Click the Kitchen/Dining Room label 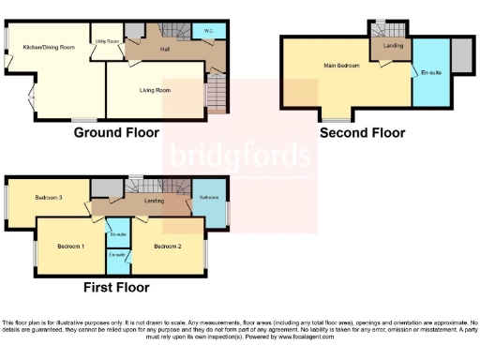[x=48, y=45]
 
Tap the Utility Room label [x=106, y=42]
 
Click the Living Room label [x=155, y=90]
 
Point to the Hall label [x=165, y=48]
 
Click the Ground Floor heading [x=116, y=133]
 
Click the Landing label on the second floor [x=393, y=46]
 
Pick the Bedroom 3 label [x=49, y=198]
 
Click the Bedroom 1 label [x=70, y=246]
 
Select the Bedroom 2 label [x=167, y=246]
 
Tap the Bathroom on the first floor [x=209, y=199]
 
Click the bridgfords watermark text [x=238, y=155]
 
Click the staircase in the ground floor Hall [x=216, y=94]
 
